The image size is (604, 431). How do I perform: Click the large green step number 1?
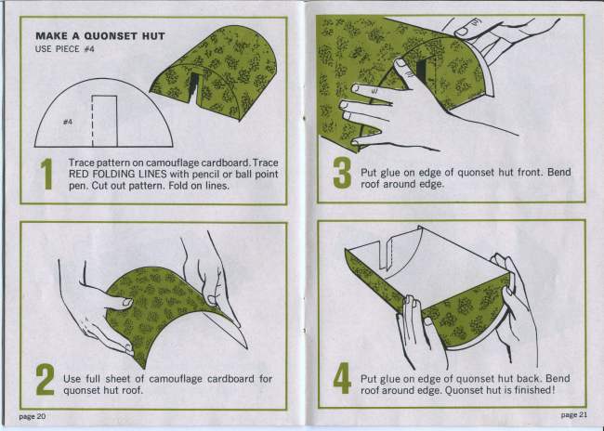(46, 174)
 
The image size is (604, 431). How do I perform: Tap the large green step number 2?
(46, 379)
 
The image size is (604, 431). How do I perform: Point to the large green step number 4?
(342, 378)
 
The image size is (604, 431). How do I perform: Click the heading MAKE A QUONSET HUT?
(100, 36)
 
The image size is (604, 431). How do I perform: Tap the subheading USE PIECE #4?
(65, 49)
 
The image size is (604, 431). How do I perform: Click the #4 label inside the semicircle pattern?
(68, 122)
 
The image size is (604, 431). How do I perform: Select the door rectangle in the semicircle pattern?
(104, 121)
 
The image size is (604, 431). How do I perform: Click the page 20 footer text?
(33, 416)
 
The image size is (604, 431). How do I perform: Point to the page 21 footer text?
(574, 415)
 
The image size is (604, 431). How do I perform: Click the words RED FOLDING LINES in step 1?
(117, 174)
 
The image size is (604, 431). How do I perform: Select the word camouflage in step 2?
(176, 379)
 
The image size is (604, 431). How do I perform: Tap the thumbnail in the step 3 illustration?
(400, 62)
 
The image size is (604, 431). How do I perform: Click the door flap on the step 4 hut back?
(386, 253)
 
